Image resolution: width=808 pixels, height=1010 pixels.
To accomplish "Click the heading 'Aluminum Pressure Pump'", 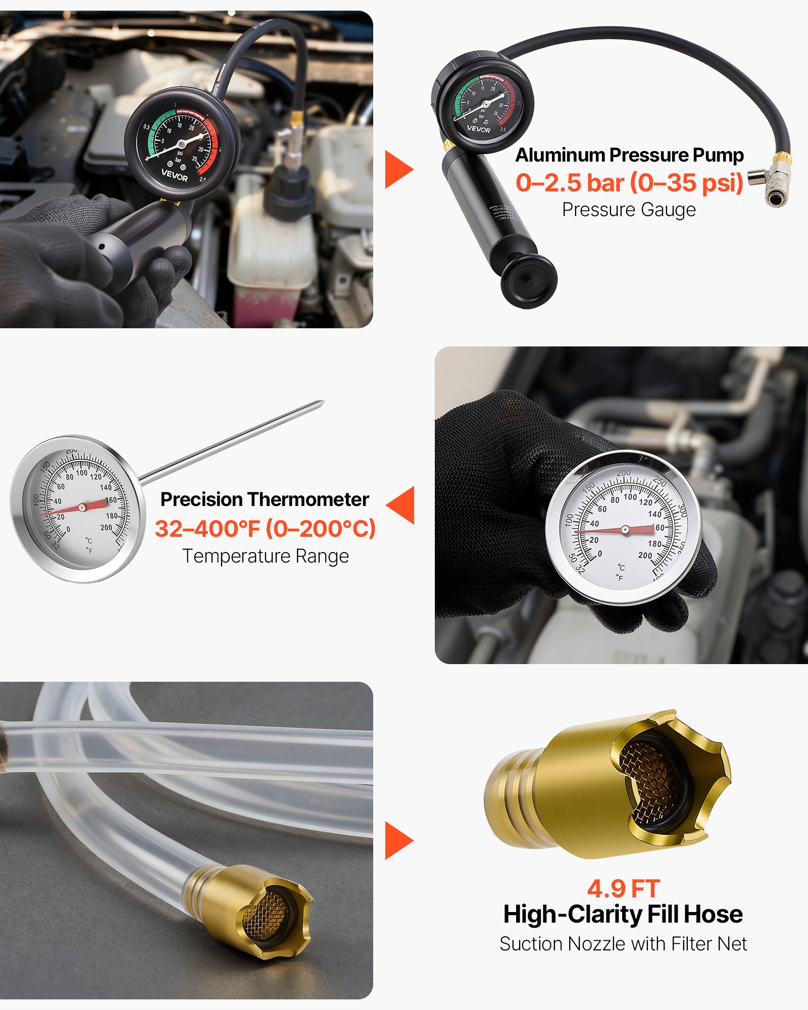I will (x=629, y=155).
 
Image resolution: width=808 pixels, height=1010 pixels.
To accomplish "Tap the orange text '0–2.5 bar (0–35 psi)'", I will (x=629, y=183).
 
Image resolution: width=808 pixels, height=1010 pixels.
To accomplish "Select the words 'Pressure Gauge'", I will (x=629, y=210).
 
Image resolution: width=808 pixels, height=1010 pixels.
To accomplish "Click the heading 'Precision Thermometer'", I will (x=265, y=499).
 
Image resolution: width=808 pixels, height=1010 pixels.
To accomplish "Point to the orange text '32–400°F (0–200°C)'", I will (x=265, y=529).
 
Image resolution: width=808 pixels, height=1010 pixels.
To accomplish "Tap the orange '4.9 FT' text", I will (x=623, y=889).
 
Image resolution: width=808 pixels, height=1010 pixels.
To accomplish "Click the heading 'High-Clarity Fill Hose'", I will (x=623, y=915).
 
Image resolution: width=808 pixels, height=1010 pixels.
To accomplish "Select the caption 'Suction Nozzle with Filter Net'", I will (x=623, y=944).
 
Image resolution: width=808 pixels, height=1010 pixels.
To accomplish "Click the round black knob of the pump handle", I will (x=529, y=281).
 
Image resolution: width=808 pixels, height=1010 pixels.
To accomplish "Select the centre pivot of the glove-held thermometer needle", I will (x=625, y=530).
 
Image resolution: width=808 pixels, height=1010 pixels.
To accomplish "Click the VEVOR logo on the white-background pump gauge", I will (x=478, y=129).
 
